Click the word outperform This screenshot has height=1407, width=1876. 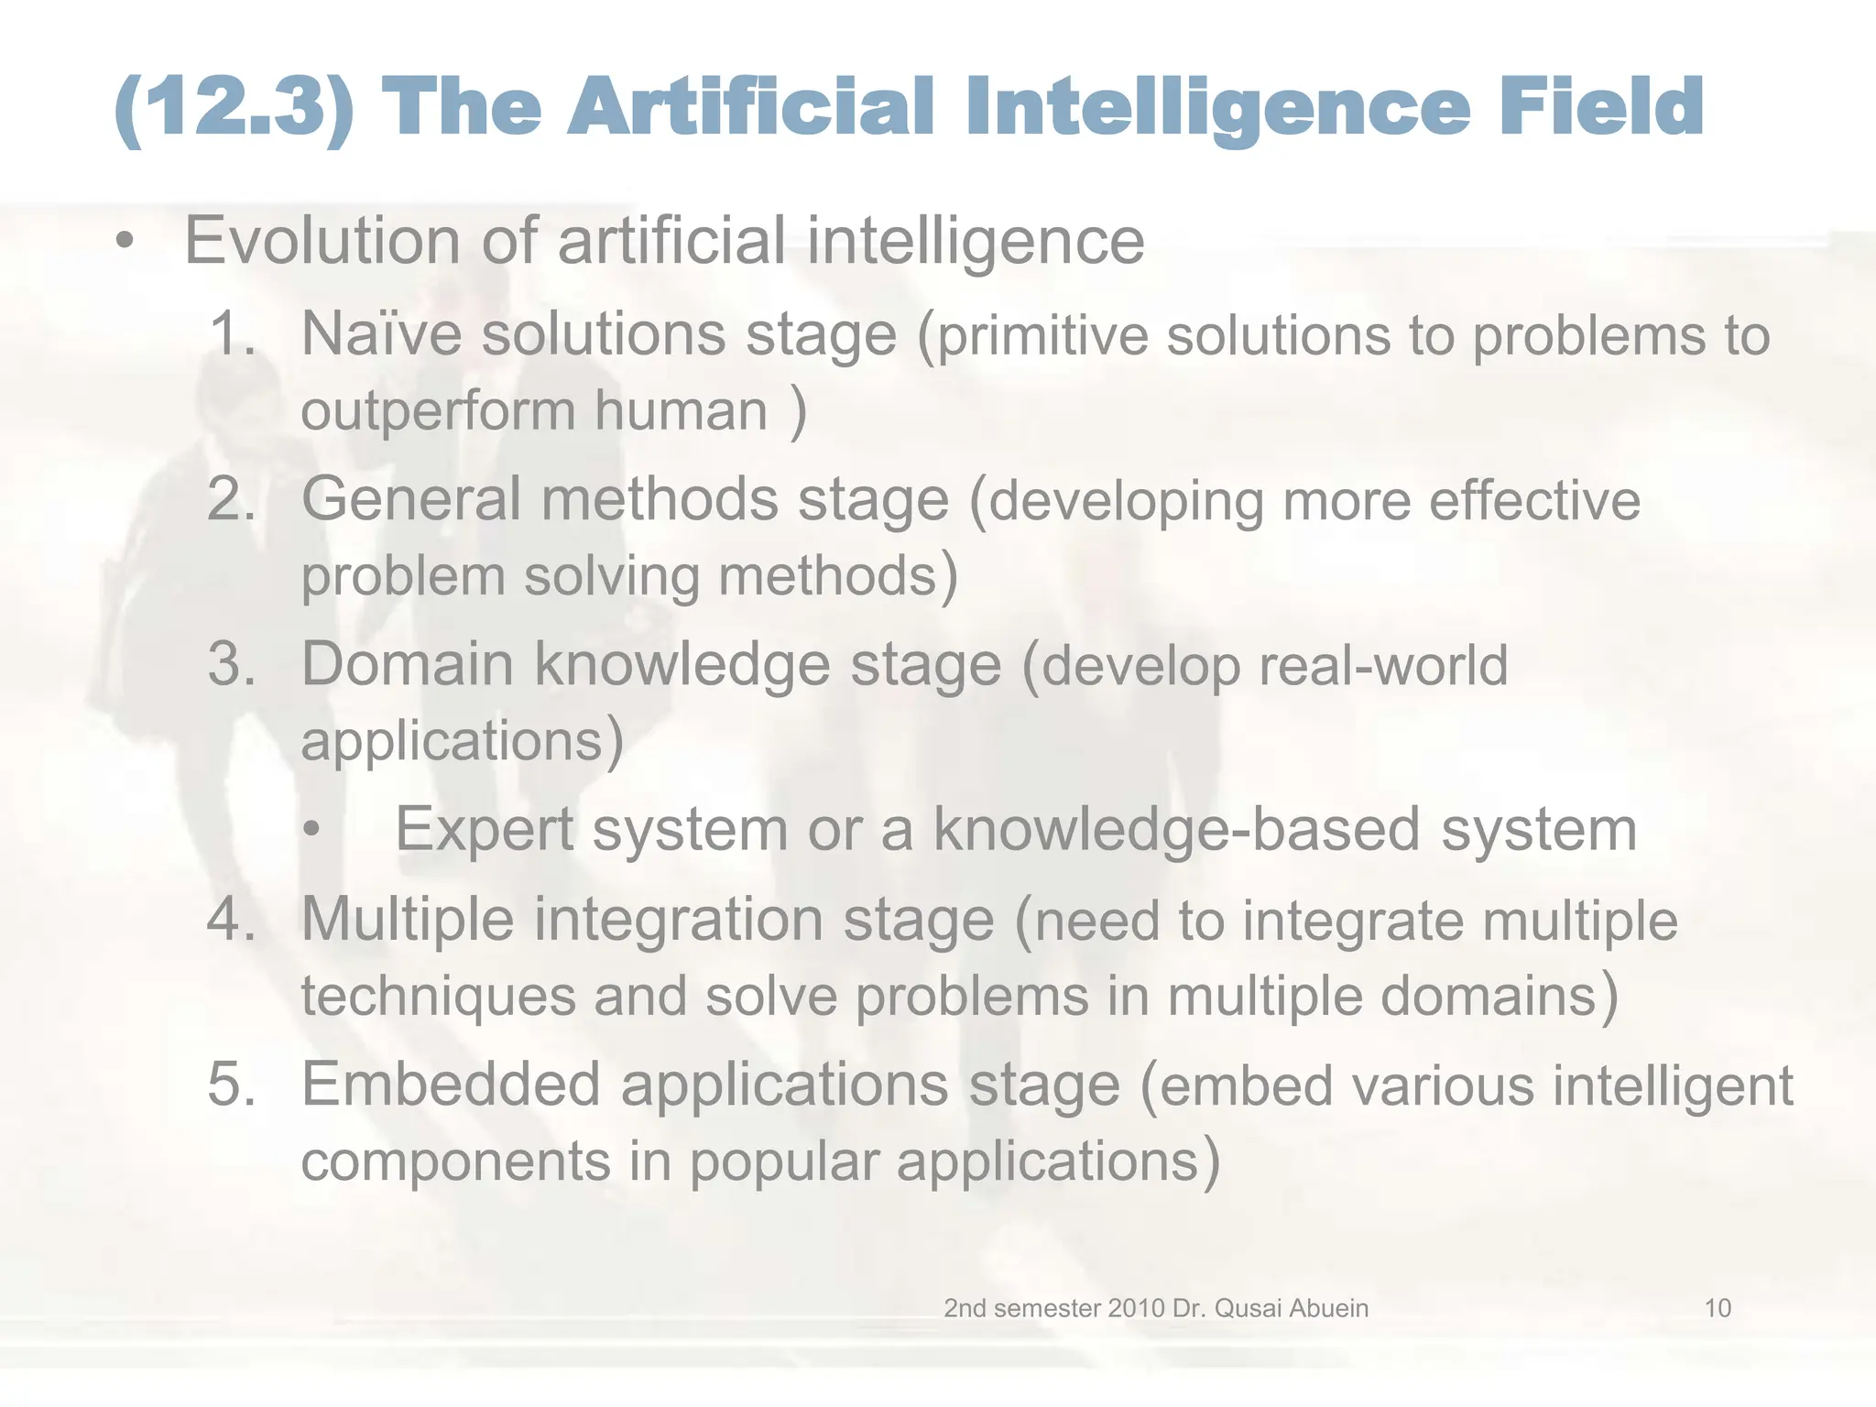point(438,410)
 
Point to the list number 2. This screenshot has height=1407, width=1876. point(231,499)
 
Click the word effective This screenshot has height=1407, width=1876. point(1534,501)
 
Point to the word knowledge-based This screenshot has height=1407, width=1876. point(1176,830)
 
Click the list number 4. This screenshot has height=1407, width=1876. point(231,918)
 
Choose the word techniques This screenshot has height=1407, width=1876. point(438,997)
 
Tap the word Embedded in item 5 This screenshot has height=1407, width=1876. point(451,1085)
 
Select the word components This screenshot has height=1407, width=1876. point(455,1162)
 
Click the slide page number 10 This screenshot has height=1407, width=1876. point(1717,1308)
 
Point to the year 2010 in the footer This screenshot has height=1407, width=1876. point(1136,1308)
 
